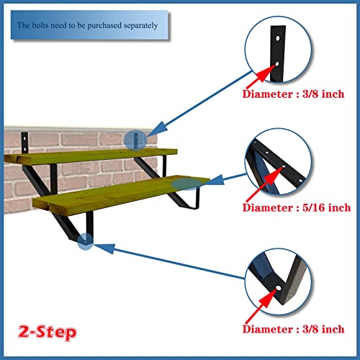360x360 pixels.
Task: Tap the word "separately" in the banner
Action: click(x=148, y=26)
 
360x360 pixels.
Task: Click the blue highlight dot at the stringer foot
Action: click(x=85, y=244)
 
